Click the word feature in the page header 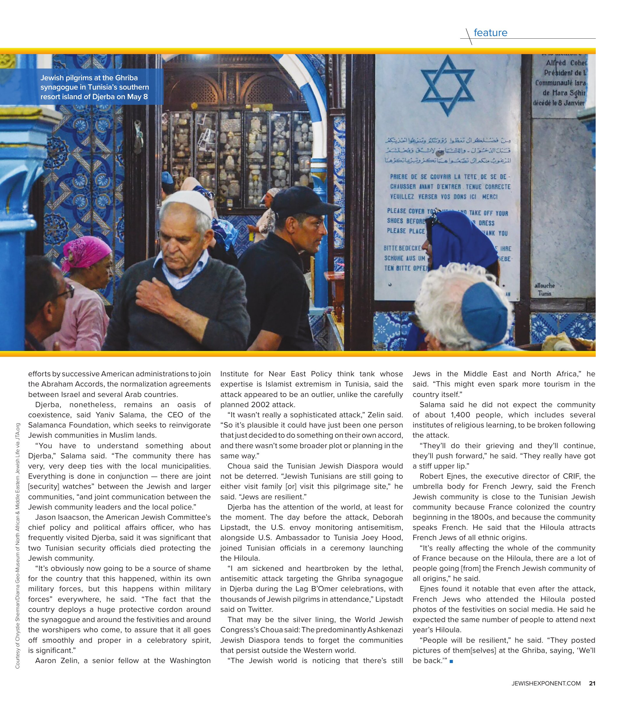tap(490, 33)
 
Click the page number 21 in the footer tap(592, 683)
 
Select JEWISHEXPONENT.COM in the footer tap(546, 683)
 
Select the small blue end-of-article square tap(451, 662)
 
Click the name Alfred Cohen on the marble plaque tap(566, 63)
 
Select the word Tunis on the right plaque tap(544, 293)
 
